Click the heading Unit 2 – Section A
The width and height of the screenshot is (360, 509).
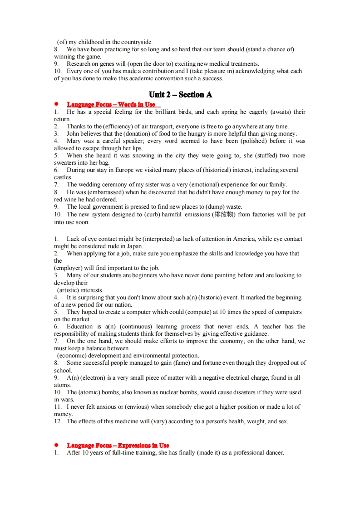[180, 94]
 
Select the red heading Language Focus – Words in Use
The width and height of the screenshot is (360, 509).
[111, 104]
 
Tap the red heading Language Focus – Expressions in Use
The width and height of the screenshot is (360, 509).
[118, 445]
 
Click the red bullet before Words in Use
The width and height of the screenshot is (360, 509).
[56, 104]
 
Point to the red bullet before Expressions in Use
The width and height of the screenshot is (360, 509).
[56, 445]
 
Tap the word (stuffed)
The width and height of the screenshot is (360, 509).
[263, 155]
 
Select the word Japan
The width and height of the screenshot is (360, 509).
[134, 246]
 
